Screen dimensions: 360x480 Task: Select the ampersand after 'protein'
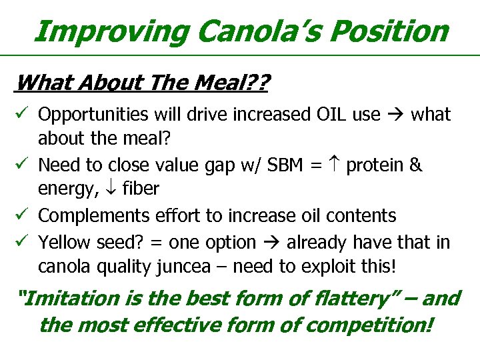click(416, 165)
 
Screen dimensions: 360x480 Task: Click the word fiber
click(140, 189)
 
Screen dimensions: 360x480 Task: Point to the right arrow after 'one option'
click(271, 243)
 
